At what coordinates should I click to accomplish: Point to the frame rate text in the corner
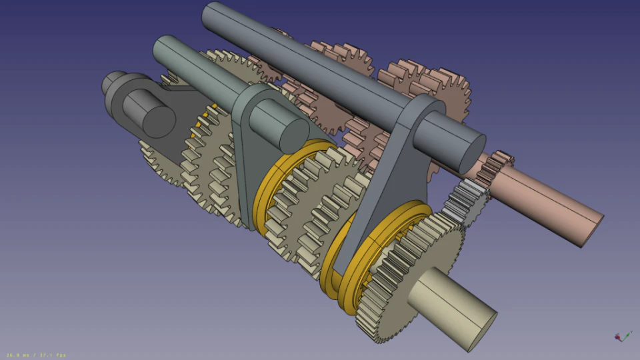click(x=36, y=355)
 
